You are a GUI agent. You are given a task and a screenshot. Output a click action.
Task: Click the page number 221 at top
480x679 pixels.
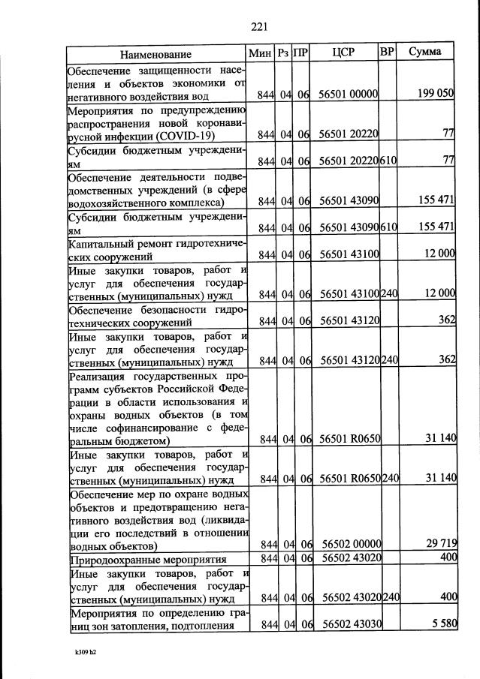[259, 27]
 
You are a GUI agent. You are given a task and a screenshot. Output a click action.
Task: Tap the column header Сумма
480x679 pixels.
[425, 53]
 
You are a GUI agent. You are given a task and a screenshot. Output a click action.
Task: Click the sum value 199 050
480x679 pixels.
[436, 93]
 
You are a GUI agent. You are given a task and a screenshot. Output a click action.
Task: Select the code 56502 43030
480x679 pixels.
[352, 624]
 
